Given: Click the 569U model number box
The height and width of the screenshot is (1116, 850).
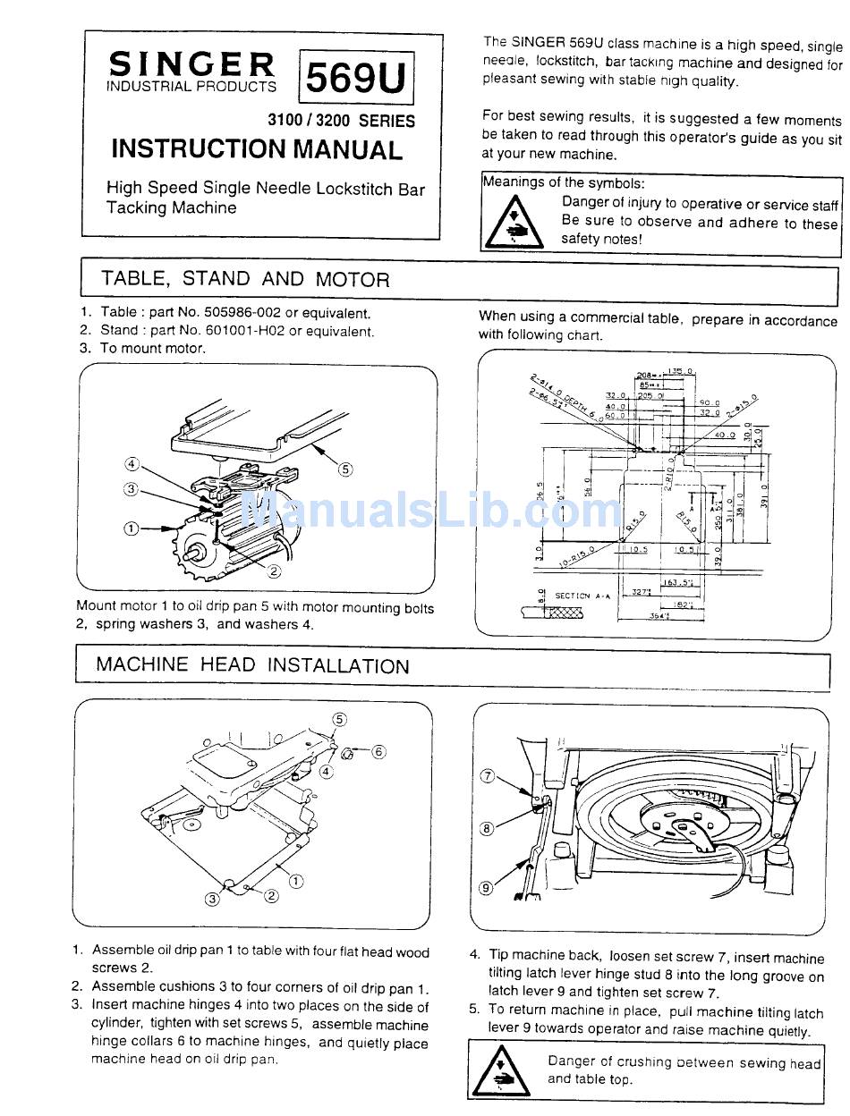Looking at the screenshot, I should (x=356, y=79).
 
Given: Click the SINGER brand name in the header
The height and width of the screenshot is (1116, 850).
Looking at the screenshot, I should (x=191, y=64).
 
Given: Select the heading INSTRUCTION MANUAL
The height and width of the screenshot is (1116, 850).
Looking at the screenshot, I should (x=257, y=149).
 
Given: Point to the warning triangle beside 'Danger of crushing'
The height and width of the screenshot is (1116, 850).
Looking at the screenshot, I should (x=499, y=1069).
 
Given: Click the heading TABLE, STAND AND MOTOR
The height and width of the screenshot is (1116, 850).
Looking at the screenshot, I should (x=245, y=278).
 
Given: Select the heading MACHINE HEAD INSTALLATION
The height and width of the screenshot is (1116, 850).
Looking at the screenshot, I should (x=252, y=665).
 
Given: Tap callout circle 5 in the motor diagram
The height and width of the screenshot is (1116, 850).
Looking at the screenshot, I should (x=345, y=468).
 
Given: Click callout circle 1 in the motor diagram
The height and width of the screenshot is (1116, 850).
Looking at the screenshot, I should (x=132, y=528).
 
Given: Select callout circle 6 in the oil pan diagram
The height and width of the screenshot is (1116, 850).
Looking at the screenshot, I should (x=378, y=751).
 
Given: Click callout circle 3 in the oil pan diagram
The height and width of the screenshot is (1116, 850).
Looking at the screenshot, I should (x=213, y=899).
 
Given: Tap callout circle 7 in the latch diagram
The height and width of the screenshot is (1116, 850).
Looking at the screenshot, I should (x=488, y=775).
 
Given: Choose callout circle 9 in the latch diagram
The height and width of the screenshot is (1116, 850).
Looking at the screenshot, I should (x=486, y=888).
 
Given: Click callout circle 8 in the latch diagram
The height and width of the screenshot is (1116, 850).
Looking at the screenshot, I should (x=488, y=828).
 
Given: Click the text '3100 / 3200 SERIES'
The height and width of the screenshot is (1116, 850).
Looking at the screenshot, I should (x=341, y=121).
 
